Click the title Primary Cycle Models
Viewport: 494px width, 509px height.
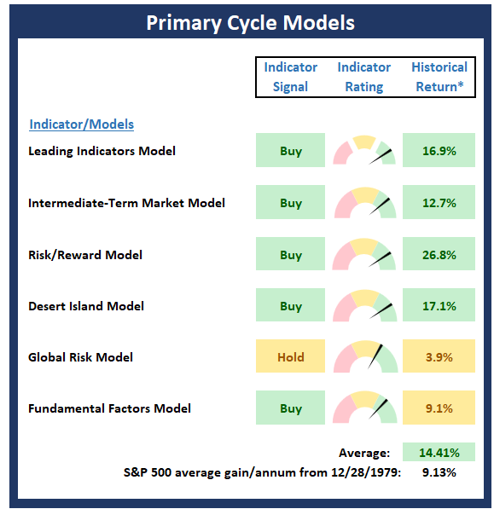pyautogui.click(x=250, y=23)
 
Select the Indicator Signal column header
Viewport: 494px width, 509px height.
pyautogui.click(x=290, y=77)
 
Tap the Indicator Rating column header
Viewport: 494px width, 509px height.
pyautogui.click(x=363, y=77)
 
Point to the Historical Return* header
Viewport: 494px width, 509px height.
pyautogui.click(x=439, y=77)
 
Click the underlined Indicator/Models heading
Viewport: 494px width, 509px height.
pyautogui.click(x=82, y=124)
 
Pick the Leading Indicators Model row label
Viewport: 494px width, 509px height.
pyautogui.click(x=102, y=151)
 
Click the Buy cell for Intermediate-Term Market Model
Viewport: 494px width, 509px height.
pyautogui.click(x=290, y=202)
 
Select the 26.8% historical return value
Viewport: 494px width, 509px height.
pyautogui.click(x=439, y=254)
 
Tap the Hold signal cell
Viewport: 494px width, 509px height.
pyautogui.click(x=290, y=356)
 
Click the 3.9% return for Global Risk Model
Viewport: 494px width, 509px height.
pyautogui.click(x=439, y=356)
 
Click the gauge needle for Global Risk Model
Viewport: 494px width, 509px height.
pyautogui.click(x=375, y=356)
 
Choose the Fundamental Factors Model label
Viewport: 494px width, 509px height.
pyautogui.click(x=109, y=408)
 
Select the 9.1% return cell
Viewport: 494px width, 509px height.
pyautogui.click(x=439, y=408)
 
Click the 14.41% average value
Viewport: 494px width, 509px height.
pyautogui.click(x=439, y=452)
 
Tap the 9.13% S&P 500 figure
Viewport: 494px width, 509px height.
pyautogui.click(x=439, y=472)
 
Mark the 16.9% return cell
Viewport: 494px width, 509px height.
pyautogui.click(x=439, y=150)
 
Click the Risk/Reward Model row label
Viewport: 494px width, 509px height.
pyautogui.click(x=85, y=255)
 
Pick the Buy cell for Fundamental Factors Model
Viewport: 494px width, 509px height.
pyautogui.click(x=290, y=408)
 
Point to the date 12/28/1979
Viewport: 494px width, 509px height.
pyautogui.click(x=364, y=472)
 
